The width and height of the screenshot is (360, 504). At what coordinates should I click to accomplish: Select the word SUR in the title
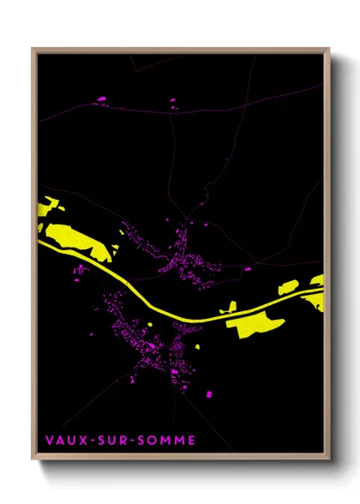point(113,441)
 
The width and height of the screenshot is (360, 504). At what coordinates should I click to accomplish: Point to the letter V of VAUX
point(50,441)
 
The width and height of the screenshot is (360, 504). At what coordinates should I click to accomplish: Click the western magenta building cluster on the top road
point(101,99)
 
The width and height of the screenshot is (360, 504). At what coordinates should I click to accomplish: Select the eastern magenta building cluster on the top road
point(171,100)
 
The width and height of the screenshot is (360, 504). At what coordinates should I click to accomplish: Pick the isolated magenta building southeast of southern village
point(208,393)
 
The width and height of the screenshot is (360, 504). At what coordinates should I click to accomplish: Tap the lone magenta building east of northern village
point(247,268)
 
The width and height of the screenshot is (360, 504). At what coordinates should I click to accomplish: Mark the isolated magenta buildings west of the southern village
point(81,271)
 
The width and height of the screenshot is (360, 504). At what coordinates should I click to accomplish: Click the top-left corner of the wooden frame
point(33,50)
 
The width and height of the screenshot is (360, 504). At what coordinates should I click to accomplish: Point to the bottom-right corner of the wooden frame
point(328,459)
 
